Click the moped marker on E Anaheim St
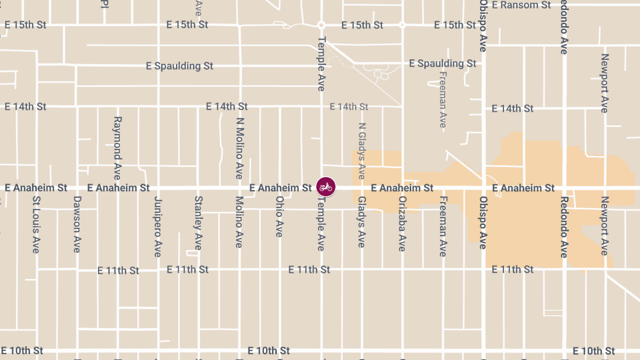325,187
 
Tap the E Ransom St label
521,5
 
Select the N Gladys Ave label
362,151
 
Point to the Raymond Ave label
118,148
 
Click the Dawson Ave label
77,224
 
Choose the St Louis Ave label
36,224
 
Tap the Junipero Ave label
157,227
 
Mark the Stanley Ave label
198,223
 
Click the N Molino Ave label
239,148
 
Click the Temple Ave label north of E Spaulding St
321,63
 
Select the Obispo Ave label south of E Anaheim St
483,223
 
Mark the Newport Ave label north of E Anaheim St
604,83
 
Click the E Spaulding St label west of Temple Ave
180,66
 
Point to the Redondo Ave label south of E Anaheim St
564,226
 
